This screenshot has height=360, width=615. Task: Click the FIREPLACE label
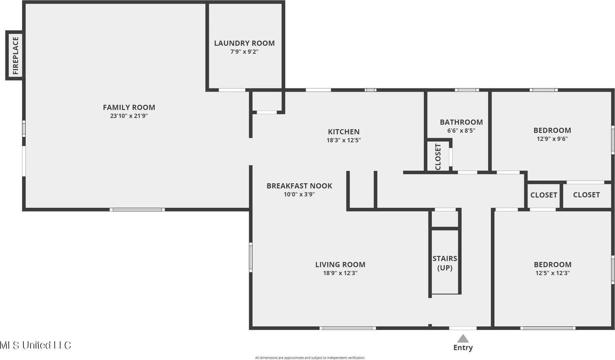point(15,55)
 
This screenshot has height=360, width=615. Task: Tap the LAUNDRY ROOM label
point(244,43)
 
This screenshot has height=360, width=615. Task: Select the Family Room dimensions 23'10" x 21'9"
point(129,116)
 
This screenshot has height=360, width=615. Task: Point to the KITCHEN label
point(344,132)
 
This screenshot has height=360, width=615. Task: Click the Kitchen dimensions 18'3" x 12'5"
point(344,140)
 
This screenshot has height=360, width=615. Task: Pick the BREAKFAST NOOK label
point(299,186)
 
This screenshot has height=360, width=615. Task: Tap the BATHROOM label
point(461,122)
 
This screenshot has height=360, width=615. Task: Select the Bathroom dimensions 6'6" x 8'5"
point(461,130)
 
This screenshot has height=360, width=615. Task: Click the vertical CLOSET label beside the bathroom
point(438,156)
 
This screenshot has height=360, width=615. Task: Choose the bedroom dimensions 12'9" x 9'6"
point(552,139)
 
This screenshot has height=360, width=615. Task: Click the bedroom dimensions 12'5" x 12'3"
point(552,273)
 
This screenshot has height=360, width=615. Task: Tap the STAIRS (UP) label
point(445,263)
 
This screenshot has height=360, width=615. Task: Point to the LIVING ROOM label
point(340,264)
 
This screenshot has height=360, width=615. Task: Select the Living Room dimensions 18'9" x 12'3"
point(340,273)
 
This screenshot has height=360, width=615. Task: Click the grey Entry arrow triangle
point(463,338)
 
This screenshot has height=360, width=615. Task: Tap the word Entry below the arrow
point(463,348)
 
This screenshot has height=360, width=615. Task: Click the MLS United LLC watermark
point(35,345)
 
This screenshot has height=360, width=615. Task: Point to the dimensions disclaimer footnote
point(310,358)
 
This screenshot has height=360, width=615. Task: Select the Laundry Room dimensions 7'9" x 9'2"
point(244,51)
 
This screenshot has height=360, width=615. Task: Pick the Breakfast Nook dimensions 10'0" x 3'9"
point(299,194)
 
